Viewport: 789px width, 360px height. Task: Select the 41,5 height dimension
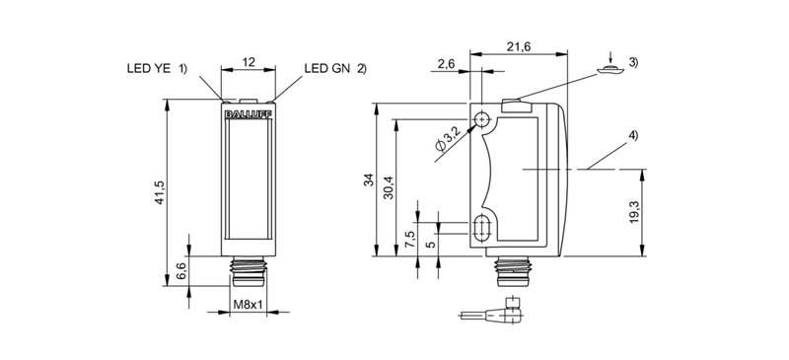click(x=163, y=190)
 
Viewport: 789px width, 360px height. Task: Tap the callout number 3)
click(x=633, y=64)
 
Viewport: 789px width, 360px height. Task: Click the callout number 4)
click(x=633, y=134)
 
